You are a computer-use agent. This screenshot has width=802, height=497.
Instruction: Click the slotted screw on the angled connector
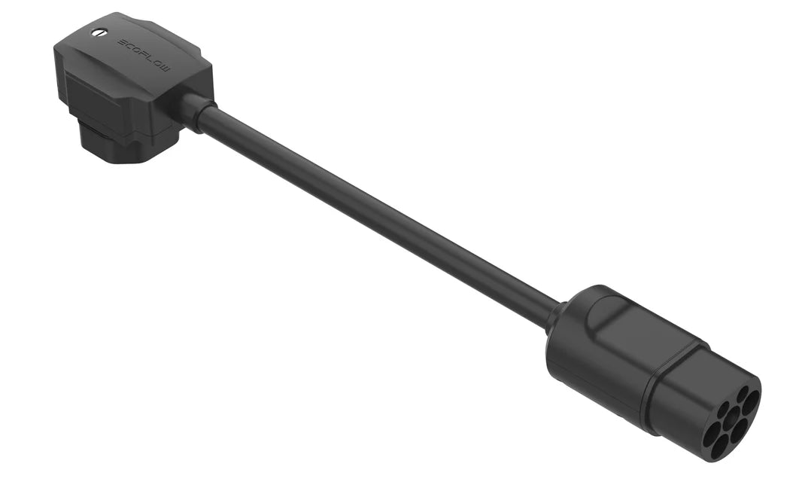[x=99, y=32]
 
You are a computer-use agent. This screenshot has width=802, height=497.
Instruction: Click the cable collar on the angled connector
[x=193, y=111]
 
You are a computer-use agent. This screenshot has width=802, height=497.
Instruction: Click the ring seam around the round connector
[x=653, y=384]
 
